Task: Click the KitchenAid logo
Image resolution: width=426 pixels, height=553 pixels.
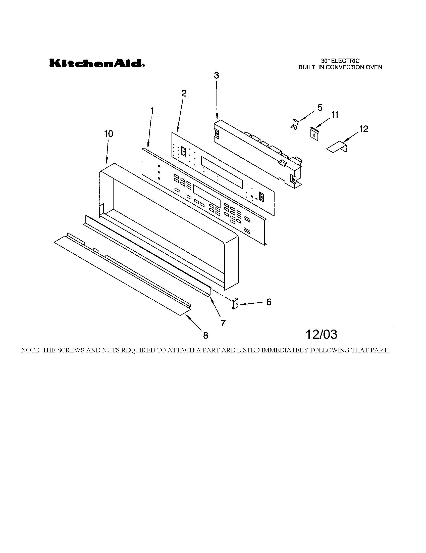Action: pos(97,63)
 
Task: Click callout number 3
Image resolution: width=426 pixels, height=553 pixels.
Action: pos(216,75)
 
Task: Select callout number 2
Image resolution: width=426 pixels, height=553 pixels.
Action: pos(184,94)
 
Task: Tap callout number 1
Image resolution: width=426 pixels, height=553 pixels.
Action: pos(152,111)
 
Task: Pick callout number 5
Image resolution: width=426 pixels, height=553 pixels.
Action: pos(320,108)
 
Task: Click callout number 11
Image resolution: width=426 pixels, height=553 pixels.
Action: pos(334,115)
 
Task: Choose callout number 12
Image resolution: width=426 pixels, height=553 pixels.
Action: pos(363,129)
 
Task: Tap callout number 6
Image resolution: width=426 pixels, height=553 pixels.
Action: pos(269,302)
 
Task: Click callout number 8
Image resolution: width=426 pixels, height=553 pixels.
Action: pos(205,335)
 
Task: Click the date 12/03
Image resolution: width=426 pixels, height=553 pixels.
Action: pos(321,335)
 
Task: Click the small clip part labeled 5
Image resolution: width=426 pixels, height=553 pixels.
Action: pos(295,125)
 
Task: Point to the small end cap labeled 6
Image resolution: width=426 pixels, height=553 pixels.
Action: pos(235,303)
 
